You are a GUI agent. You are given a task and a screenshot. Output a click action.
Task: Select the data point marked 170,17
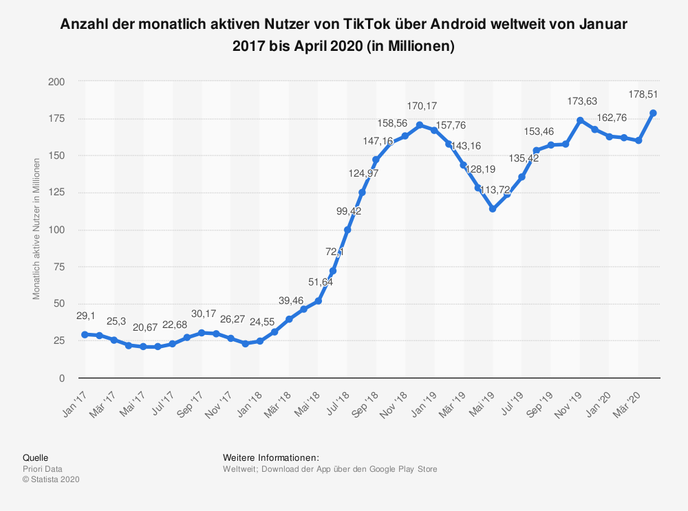pyautogui.click(x=420, y=125)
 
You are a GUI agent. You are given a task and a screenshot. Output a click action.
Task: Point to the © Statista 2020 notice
pyautogui.click(x=52, y=480)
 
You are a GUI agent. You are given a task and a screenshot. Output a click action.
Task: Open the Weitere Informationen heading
pyautogui.click(x=271, y=457)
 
